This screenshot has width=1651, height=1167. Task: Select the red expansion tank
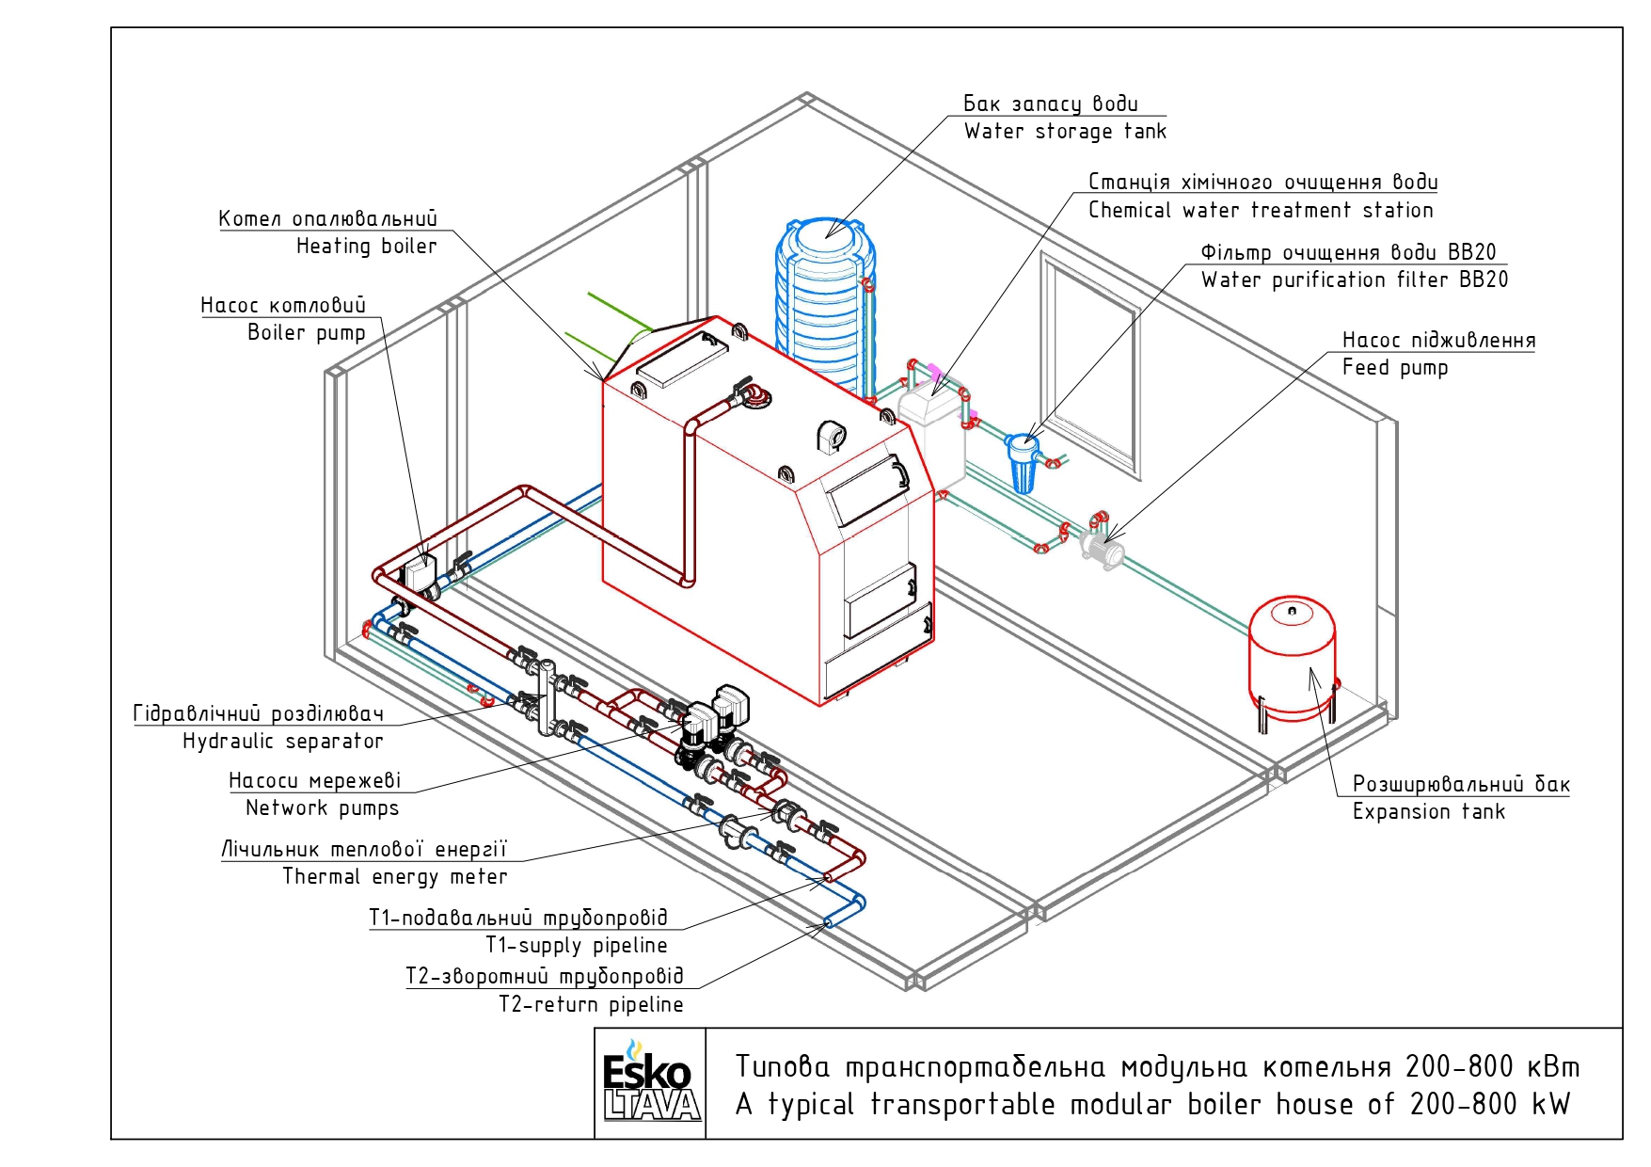click(x=1293, y=659)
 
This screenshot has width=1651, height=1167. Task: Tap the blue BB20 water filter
click(x=1023, y=461)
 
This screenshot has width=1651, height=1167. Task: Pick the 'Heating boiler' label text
click(x=367, y=247)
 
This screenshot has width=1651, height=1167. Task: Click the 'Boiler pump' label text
click(x=306, y=333)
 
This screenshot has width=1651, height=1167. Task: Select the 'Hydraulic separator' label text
click(x=283, y=742)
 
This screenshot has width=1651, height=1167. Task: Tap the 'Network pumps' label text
click(x=322, y=808)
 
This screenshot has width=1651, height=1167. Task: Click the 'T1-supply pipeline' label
click(x=577, y=945)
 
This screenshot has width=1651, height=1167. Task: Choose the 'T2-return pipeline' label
click(x=591, y=1005)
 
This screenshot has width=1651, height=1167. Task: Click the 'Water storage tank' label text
click(x=1065, y=132)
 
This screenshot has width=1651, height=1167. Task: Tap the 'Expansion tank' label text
click(x=1429, y=812)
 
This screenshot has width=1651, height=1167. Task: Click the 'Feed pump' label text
click(x=1395, y=368)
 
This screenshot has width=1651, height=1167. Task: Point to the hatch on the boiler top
click(x=685, y=359)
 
